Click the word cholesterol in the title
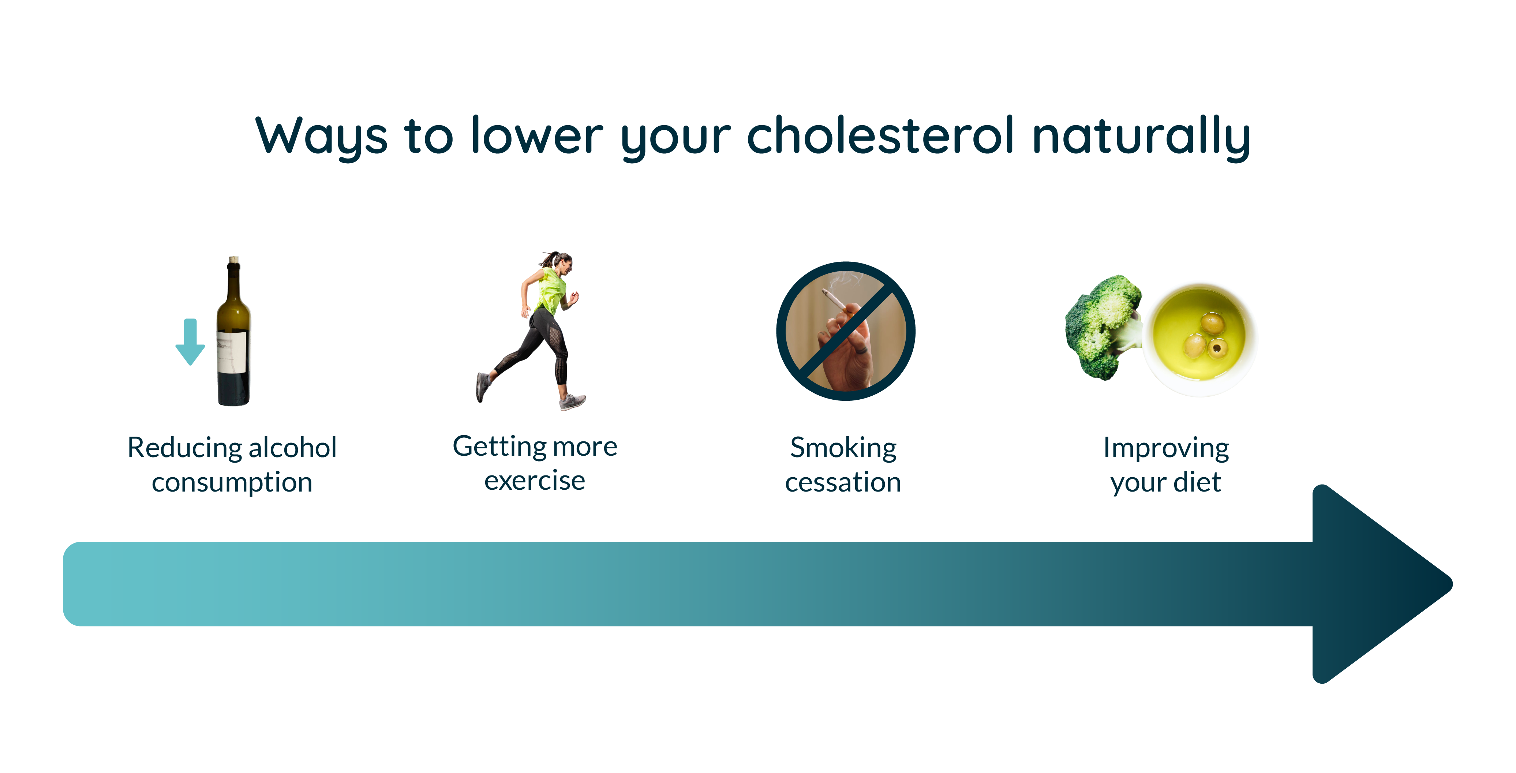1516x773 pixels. click(x=880, y=135)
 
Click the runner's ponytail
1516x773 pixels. click(x=548, y=259)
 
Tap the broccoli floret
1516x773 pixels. click(x=1101, y=324)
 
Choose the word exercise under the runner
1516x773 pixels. click(x=534, y=481)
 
